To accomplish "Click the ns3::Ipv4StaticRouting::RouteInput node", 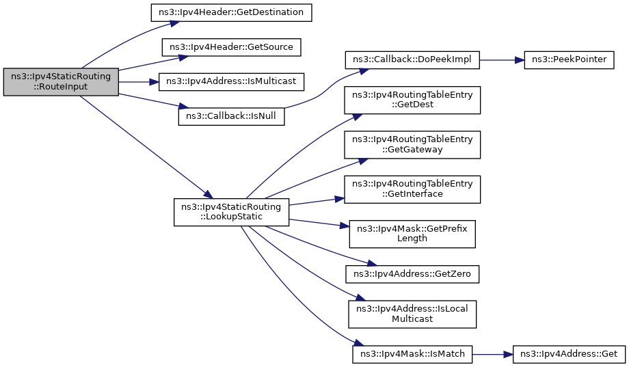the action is [61, 82].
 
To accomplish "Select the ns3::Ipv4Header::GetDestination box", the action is [232, 12].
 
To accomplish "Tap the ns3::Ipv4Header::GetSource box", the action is [232, 47].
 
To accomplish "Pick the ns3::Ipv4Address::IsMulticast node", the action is [232, 82].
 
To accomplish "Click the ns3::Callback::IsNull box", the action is [232, 116].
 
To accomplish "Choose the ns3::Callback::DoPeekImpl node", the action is [412, 59].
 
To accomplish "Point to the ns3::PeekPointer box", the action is [570, 59].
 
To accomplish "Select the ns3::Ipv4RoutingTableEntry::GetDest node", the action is [412, 100].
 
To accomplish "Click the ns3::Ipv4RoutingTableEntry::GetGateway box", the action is [412, 144].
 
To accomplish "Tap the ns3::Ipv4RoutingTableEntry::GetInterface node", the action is [412, 189].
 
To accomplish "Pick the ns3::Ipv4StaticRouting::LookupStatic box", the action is [232, 212].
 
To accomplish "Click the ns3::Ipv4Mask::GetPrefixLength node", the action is [412, 234].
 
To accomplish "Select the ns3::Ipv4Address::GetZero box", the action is [412, 274].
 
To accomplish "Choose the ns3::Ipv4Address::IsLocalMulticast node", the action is [412, 314].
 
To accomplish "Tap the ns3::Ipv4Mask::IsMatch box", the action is [412, 354].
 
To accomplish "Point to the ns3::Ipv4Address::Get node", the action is [570, 354].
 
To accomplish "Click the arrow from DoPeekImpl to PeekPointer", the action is [502, 59].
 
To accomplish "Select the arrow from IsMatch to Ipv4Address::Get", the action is [493, 354].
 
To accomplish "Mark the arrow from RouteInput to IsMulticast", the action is [139, 82].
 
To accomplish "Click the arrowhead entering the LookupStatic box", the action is [209, 195].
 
